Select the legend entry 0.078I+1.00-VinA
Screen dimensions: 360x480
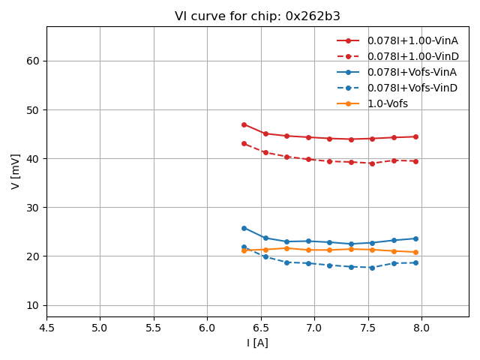coord(412,40)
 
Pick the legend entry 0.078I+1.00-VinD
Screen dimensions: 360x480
coord(412,56)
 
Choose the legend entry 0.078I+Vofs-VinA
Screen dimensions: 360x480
coord(412,72)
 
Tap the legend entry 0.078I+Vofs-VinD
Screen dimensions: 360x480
coord(412,88)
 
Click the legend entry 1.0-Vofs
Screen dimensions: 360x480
coord(388,103)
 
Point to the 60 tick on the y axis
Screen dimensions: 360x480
coord(34,61)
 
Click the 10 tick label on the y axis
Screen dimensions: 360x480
coord(34,305)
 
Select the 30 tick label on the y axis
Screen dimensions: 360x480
coord(34,208)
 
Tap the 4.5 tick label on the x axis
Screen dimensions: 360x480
coord(46,328)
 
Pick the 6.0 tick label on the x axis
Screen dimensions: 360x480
coord(207,328)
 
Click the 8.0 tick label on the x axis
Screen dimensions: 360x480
coord(421,328)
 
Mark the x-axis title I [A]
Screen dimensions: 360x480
coord(257,343)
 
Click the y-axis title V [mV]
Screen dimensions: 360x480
coord(16,172)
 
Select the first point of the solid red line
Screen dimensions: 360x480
coord(244,124)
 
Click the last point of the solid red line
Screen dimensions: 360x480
coord(415,136)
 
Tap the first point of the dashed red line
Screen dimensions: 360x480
coord(244,143)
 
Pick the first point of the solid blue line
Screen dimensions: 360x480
coord(244,228)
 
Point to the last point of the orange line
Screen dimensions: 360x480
coord(415,252)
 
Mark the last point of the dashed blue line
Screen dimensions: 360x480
coord(415,262)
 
